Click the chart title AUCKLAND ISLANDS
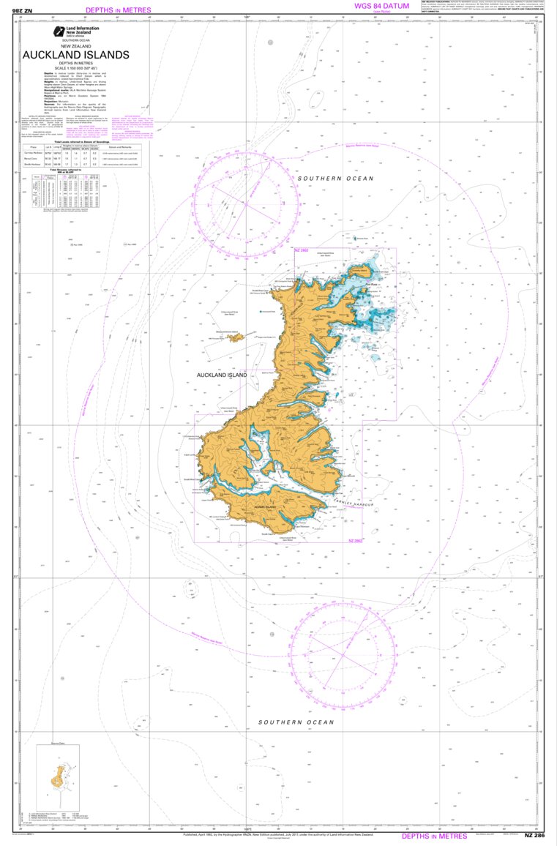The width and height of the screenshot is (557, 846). (75, 55)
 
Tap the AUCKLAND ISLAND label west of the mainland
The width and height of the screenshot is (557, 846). (222, 375)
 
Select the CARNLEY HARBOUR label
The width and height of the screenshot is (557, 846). (354, 503)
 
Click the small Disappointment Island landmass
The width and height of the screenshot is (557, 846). (235, 338)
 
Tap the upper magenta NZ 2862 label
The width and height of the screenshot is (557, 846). (302, 251)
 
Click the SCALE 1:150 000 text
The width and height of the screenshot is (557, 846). (75, 69)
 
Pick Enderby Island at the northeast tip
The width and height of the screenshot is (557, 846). (359, 270)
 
